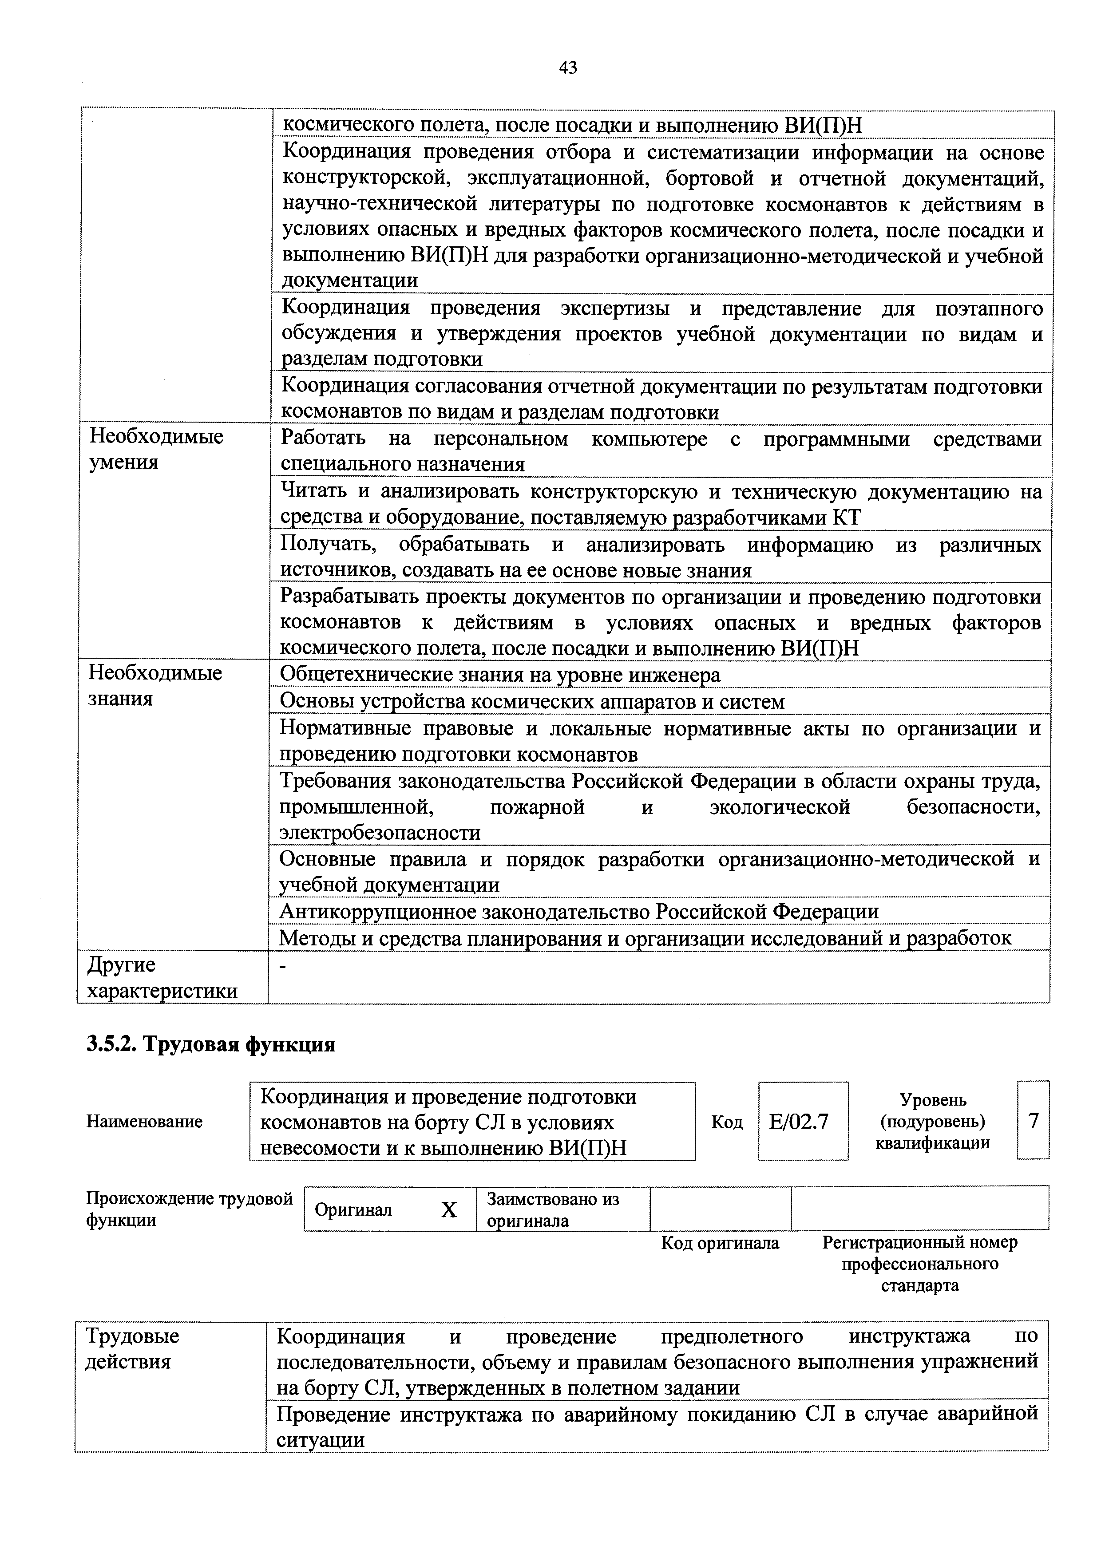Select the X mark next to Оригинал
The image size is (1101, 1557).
(x=449, y=1210)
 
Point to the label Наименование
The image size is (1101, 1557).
(x=144, y=1122)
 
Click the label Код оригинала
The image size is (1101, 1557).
(x=720, y=1243)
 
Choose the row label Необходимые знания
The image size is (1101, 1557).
(x=155, y=686)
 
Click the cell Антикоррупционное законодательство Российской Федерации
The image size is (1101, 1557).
(x=579, y=911)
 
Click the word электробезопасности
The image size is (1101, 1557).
(x=380, y=832)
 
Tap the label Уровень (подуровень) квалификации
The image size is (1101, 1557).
(x=932, y=1121)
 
